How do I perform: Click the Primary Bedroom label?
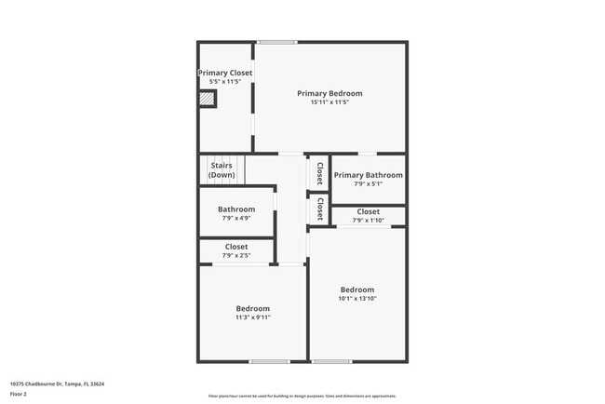pyautogui.click(x=329, y=93)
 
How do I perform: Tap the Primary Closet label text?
pyautogui.click(x=225, y=73)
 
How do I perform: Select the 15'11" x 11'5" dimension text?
pyautogui.click(x=329, y=102)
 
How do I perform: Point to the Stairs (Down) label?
pyautogui.click(x=222, y=170)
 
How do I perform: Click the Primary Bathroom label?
pyautogui.click(x=369, y=175)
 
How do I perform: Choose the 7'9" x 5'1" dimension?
pyautogui.click(x=369, y=183)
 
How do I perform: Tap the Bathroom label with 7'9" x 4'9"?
pyautogui.click(x=236, y=209)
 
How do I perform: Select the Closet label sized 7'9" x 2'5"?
pyautogui.click(x=236, y=247)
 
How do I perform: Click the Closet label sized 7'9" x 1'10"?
pyautogui.click(x=369, y=212)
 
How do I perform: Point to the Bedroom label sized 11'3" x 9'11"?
pyautogui.click(x=252, y=308)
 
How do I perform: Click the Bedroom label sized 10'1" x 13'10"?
pyautogui.click(x=356, y=290)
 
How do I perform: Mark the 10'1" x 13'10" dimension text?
pyautogui.click(x=356, y=299)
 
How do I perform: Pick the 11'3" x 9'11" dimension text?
pyautogui.click(x=252, y=317)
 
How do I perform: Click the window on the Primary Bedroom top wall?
pyautogui.click(x=277, y=42)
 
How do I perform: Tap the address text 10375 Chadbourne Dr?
pyautogui.click(x=57, y=384)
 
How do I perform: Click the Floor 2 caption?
pyautogui.click(x=19, y=394)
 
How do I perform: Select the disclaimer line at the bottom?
pyautogui.click(x=302, y=395)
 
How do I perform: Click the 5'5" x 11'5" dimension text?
pyautogui.click(x=225, y=82)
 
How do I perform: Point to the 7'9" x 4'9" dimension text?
pyautogui.click(x=236, y=219)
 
